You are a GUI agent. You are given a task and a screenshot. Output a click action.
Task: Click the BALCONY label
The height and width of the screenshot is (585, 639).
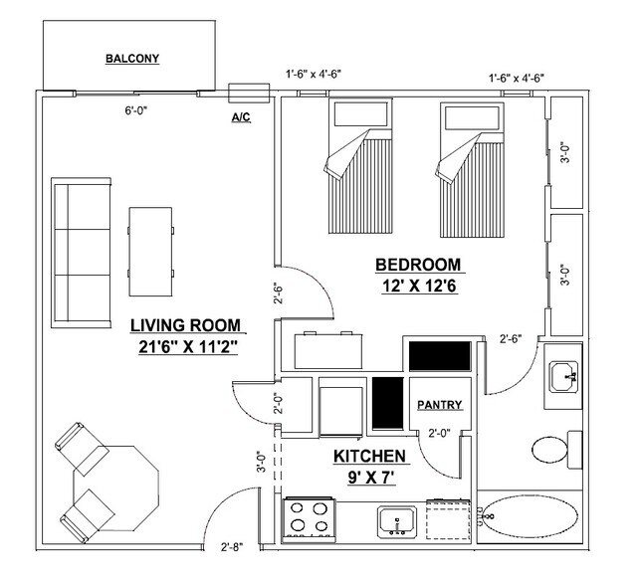click(132, 59)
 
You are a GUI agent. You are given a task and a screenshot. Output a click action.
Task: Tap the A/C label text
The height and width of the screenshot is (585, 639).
click(241, 116)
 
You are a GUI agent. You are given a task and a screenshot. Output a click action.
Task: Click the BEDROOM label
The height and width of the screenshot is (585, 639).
click(419, 265)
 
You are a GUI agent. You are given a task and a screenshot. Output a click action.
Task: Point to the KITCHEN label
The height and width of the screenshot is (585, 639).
click(369, 456)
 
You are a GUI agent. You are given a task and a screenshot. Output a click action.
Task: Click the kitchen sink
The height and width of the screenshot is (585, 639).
click(401, 520)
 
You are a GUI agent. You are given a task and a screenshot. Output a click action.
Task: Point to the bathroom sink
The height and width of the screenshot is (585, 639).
click(565, 376)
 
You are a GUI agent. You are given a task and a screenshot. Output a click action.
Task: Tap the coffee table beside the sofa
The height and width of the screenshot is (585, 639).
click(150, 249)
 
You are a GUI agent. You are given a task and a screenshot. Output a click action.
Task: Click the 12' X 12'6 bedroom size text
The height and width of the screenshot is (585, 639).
click(419, 285)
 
